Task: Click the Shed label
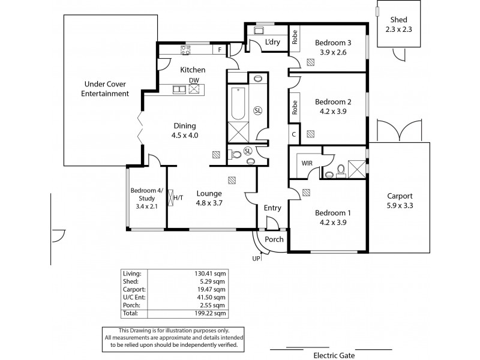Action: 399,19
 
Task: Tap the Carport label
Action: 399,196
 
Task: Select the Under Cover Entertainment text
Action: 106,89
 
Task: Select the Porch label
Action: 274,239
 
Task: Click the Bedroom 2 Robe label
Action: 295,107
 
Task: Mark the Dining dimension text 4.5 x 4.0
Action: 185,136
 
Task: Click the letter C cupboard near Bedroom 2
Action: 294,134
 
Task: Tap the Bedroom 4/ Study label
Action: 146,196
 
